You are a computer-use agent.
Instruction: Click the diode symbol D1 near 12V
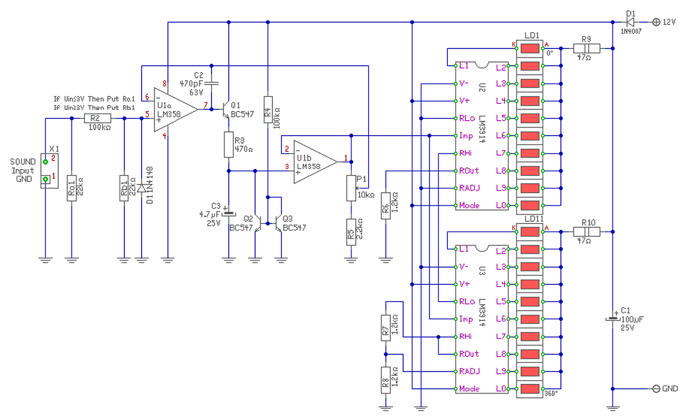[630, 22]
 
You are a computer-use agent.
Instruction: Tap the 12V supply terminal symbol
[656, 22]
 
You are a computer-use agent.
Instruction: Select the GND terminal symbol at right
[656, 389]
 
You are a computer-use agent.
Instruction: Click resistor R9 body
[586, 48]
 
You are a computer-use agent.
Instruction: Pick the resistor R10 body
[586, 232]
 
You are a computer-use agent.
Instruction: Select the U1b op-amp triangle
[315, 162]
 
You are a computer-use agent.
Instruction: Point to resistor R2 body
[97, 118]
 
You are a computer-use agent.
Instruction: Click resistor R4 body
[268, 110]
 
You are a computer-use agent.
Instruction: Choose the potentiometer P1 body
[351, 188]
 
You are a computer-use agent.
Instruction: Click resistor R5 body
[351, 232]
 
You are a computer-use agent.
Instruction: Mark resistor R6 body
[385, 205]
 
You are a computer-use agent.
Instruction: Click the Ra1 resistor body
[72, 188]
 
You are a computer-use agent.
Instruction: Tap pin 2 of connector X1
[46, 161]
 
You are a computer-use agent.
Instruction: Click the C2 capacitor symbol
[212, 83]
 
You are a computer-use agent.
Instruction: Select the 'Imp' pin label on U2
[466, 136]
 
